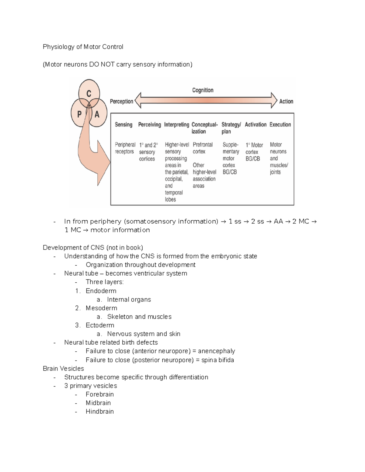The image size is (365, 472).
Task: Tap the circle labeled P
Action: (80, 114)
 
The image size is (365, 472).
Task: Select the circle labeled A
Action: (97, 114)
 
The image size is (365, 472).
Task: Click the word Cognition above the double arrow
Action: (203, 90)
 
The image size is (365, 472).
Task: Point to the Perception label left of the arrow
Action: (121, 102)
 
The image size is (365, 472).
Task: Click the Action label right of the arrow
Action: (286, 102)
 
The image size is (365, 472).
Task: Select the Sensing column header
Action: (123, 125)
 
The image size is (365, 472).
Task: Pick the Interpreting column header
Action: (176, 125)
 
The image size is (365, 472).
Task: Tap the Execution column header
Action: (280, 125)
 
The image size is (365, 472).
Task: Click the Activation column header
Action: (255, 125)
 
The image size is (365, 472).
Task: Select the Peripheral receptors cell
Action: (125, 148)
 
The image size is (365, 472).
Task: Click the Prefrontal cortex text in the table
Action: (202, 148)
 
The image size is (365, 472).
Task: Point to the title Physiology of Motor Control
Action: (83, 47)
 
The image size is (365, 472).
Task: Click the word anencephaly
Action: (216, 351)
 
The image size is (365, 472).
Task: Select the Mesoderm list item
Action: (101, 308)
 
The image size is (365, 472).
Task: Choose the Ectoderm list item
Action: (100, 325)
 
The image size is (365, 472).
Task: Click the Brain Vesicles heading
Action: (63, 369)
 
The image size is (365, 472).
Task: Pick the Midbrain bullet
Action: (98, 403)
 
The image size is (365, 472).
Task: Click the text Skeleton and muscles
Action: (139, 317)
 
